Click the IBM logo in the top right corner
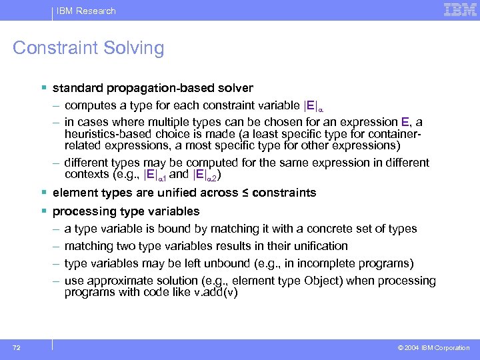pos(459,10)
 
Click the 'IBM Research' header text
pos(86,11)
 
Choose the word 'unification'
pos(319,246)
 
